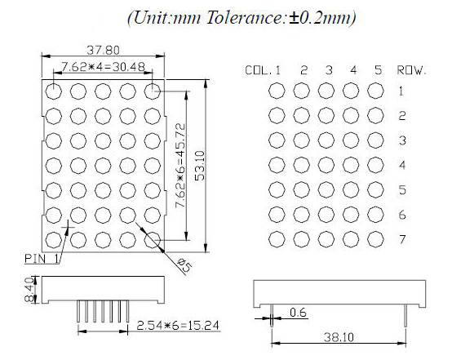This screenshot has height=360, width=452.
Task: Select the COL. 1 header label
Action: tap(263, 70)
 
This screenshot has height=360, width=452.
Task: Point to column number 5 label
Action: tap(377, 70)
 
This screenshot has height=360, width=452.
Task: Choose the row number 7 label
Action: tap(401, 240)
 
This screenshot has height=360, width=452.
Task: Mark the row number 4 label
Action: tap(401, 166)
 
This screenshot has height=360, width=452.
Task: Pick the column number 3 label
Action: tap(327, 70)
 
